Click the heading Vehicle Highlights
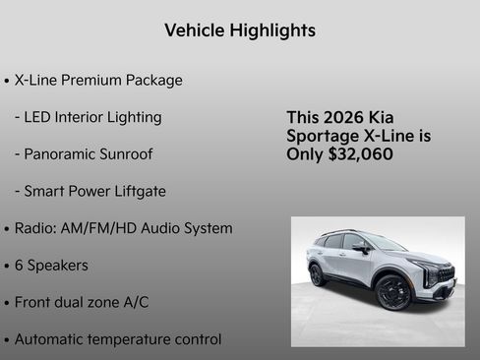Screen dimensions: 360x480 [x=240, y=30]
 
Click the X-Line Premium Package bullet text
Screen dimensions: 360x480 [x=98, y=80]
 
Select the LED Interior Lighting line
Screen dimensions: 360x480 [x=88, y=117]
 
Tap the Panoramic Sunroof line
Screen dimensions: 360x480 [x=84, y=154]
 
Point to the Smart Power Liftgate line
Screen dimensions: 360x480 [x=90, y=191]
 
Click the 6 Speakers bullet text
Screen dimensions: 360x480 [x=51, y=266]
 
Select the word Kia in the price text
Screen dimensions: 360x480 [x=394, y=118]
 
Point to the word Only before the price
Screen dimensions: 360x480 [x=306, y=154]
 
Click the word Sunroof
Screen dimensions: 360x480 [x=125, y=154]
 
